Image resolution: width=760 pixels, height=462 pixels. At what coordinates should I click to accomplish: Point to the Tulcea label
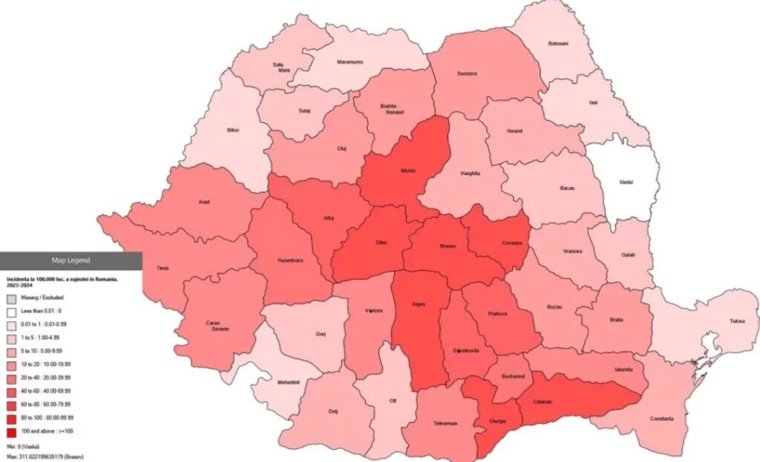[x=736, y=322]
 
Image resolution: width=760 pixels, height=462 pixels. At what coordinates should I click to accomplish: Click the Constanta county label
[x=663, y=419]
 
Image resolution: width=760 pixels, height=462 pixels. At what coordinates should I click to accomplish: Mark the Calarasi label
[x=543, y=401]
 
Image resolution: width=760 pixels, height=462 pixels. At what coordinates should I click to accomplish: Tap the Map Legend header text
[x=71, y=260]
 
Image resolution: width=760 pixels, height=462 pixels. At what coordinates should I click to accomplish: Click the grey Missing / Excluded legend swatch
[x=10, y=297]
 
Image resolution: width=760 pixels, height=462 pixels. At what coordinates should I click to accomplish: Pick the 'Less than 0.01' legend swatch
[x=10, y=311]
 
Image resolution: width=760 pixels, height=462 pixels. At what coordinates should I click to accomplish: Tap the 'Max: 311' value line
[x=44, y=457]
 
